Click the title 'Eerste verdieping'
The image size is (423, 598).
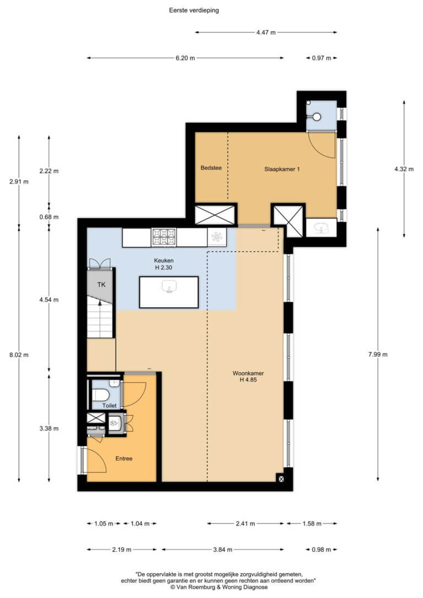(194, 10)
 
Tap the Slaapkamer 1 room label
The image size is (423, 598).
(282, 169)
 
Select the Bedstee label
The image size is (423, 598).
(211, 168)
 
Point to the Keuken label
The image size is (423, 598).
(164, 260)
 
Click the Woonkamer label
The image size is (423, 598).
(248, 373)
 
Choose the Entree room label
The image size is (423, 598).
(124, 459)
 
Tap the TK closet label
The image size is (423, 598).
(101, 285)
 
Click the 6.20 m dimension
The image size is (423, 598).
(185, 58)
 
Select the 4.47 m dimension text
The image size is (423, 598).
(266, 32)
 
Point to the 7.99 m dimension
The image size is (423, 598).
(378, 354)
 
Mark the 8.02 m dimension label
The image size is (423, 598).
(19, 355)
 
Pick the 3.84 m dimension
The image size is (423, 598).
(223, 550)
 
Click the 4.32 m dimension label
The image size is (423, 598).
(404, 169)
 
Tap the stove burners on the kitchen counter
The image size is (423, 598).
(164, 237)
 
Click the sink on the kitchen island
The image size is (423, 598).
(169, 286)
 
